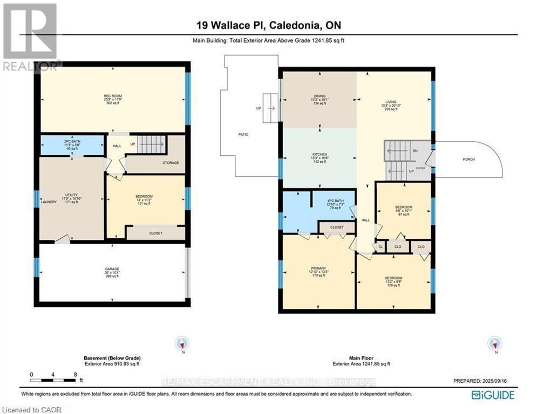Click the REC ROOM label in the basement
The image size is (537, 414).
(x=113, y=96)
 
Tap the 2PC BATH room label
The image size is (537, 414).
(x=72, y=141)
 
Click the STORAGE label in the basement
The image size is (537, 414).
(x=171, y=162)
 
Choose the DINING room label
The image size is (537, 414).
(x=319, y=95)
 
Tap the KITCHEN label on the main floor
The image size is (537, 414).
(x=320, y=154)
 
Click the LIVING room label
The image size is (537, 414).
(x=391, y=102)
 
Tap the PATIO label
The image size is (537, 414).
(x=243, y=134)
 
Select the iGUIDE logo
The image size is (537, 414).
(x=493, y=396)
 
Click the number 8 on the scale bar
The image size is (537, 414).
(x=75, y=374)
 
